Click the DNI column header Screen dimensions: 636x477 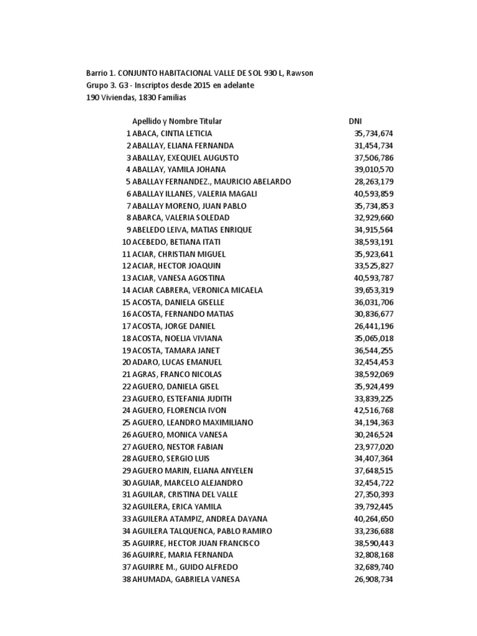click(x=355, y=121)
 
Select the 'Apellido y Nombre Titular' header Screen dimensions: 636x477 click(x=177, y=121)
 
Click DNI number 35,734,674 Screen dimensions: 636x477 click(x=374, y=134)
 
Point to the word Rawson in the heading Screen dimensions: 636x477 click(x=299, y=73)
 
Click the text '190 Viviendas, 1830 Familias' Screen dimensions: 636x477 click(x=136, y=98)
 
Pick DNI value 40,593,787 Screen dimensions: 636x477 click(x=374, y=278)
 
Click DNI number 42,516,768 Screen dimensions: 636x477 click(x=374, y=411)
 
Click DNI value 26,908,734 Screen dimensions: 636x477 click(x=374, y=579)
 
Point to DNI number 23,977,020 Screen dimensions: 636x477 click(x=374, y=447)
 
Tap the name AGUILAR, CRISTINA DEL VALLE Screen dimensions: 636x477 click(x=184, y=495)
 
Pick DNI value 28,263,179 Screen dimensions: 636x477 click(x=374, y=182)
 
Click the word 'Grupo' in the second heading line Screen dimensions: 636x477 click(x=97, y=85)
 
